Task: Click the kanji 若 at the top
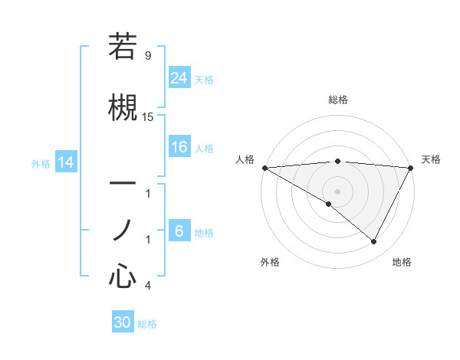point(123,47)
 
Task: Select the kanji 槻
point(123,106)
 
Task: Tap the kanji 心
point(123,276)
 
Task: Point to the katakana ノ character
point(123,229)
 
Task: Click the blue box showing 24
point(179,78)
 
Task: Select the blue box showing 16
point(179,148)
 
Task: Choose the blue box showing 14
point(66,162)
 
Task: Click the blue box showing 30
point(123,322)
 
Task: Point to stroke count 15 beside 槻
point(148,116)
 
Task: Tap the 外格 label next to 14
point(41,163)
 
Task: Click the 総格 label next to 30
point(147,324)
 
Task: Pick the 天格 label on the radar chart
point(431,159)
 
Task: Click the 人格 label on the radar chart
point(245,159)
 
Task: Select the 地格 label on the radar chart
point(402,262)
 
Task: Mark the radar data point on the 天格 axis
point(412,168)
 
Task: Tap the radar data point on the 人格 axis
point(264,168)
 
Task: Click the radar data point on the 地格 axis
point(374,242)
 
